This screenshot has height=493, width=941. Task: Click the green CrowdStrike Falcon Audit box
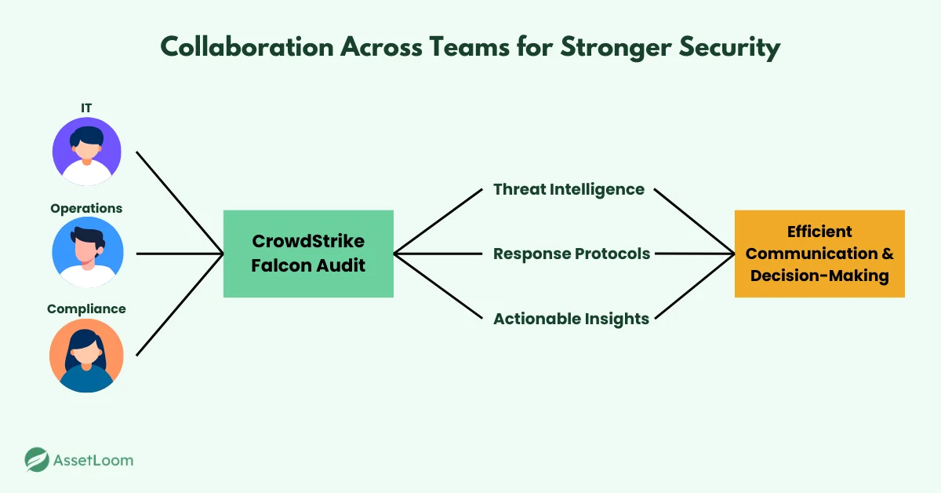pyautogui.click(x=308, y=254)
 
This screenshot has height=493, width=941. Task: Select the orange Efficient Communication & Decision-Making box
pyautogui.click(x=819, y=254)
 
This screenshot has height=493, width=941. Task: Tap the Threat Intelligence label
pyautogui.click(x=569, y=189)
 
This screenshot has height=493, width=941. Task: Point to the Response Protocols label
pyautogui.click(x=572, y=254)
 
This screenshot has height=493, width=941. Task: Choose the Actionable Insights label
pyautogui.click(x=571, y=319)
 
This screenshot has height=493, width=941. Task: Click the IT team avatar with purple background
pyautogui.click(x=87, y=152)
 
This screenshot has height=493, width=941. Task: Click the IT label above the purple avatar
pyautogui.click(x=86, y=107)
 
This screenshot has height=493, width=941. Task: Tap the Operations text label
pyautogui.click(x=86, y=208)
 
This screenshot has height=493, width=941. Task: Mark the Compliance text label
pyautogui.click(x=86, y=309)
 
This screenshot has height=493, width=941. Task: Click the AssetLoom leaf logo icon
pyautogui.click(x=36, y=460)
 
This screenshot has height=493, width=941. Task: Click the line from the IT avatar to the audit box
pyautogui.click(x=180, y=203)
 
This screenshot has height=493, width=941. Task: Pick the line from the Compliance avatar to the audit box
pyautogui.click(x=180, y=305)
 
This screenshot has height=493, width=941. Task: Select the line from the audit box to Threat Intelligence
pyautogui.click(x=438, y=221)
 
